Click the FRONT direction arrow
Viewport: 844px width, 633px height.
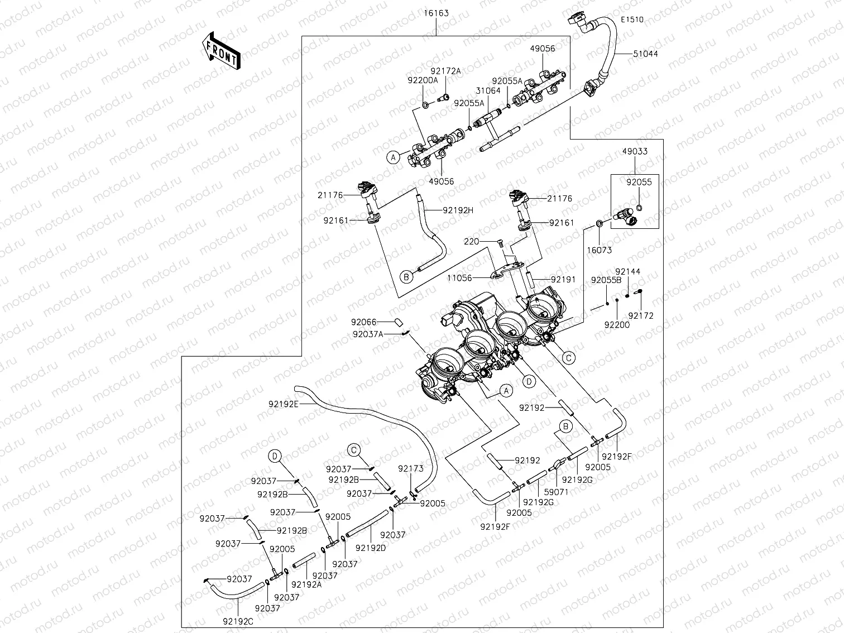coord(220,51)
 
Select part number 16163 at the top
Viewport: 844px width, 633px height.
coord(436,13)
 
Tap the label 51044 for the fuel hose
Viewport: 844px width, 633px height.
coord(645,54)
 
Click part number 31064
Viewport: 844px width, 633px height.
coord(488,91)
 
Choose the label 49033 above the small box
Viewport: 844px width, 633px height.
coord(635,151)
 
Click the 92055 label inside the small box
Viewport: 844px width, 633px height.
coord(639,182)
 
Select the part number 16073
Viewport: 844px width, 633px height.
coord(600,251)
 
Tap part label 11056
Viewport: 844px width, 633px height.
coord(459,277)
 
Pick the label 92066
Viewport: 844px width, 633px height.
coord(364,322)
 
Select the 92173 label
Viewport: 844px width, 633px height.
coord(411,469)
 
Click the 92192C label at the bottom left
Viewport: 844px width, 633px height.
coord(238,621)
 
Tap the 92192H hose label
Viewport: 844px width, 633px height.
coord(458,210)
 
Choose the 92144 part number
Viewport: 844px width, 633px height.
coord(628,272)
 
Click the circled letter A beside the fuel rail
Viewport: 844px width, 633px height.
coord(394,157)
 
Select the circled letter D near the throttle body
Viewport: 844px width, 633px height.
coord(528,381)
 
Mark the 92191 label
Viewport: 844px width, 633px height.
coord(564,279)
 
